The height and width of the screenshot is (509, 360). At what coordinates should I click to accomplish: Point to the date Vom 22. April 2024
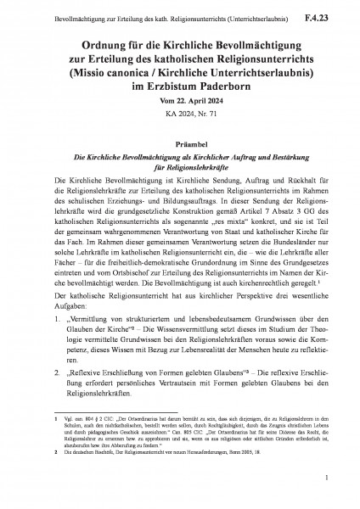click(x=179, y=99)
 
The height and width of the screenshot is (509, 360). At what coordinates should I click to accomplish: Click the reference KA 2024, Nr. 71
click(x=179, y=112)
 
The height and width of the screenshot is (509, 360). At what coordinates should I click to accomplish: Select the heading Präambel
click(x=179, y=144)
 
